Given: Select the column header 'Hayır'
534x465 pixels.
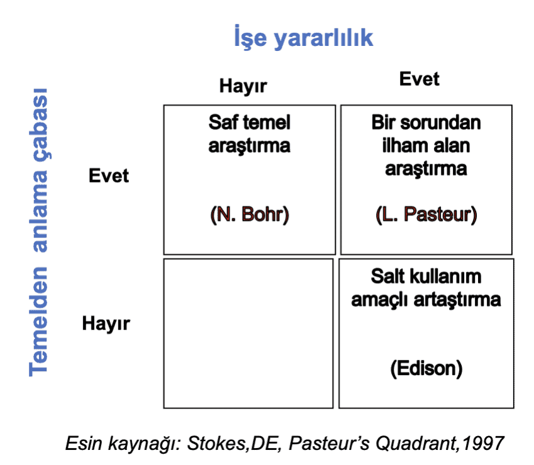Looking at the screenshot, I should click(x=243, y=86).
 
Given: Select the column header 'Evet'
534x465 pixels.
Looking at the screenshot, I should click(x=419, y=79).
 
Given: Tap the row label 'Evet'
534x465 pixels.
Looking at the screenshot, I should click(x=108, y=176).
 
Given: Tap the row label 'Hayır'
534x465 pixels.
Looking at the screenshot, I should click(x=106, y=324).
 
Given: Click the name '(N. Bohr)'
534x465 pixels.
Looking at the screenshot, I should click(x=249, y=215).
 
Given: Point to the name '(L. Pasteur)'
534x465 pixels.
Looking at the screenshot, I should click(x=426, y=215).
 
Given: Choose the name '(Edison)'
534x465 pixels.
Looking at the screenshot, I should click(x=426, y=367).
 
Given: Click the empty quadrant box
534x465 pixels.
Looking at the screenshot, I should click(x=248, y=333).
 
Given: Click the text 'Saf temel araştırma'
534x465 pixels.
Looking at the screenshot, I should click(x=249, y=134).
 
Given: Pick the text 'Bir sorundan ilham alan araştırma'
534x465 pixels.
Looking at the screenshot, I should click(x=426, y=145).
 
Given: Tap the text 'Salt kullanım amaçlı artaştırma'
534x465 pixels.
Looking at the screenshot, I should click(x=426, y=288).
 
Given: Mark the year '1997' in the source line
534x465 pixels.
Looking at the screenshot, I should click(x=482, y=444).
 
